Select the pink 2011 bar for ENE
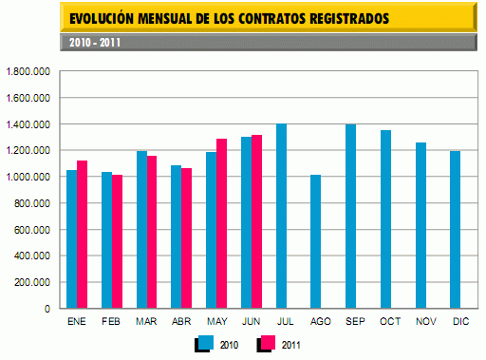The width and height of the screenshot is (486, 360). [x=82, y=235]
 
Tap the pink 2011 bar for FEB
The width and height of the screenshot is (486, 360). [x=117, y=241]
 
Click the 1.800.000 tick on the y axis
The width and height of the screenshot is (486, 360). [x=28, y=71]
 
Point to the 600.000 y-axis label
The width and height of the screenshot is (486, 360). [x=31, y=230]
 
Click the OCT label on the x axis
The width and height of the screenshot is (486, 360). [x=391, y=322]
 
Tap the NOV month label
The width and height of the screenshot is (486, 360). [x=425, y=322]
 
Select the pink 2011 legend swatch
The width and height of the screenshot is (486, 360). [x=267, y=343]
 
